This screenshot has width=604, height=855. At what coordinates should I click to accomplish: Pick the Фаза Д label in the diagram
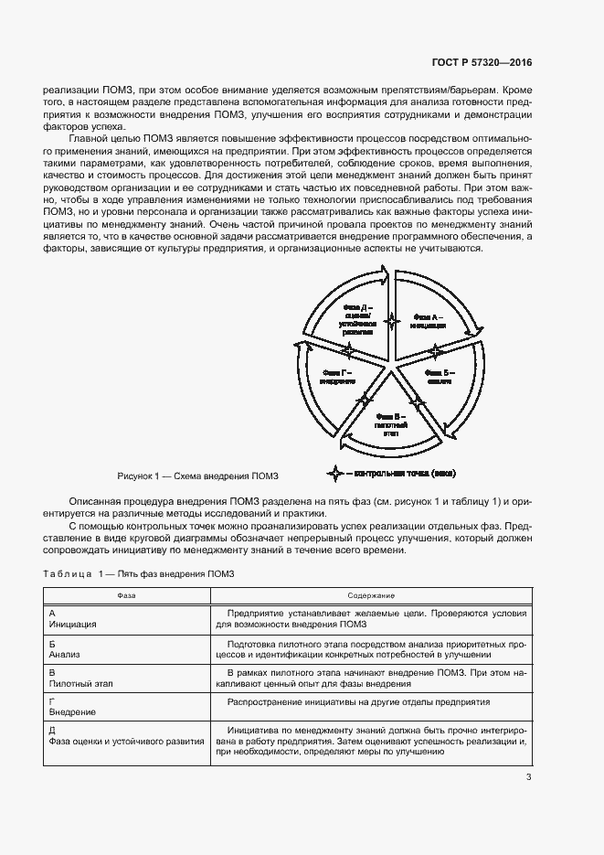tap(359, 321)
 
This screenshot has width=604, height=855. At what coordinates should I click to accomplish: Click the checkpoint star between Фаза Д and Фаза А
tap(393, 320)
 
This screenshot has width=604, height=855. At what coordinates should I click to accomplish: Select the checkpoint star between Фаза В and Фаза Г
tap(365, 399)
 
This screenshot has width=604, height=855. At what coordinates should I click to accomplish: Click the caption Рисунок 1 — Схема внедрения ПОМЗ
tap(196, 476)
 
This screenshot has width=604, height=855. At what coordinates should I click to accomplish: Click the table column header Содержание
tap(370, 594)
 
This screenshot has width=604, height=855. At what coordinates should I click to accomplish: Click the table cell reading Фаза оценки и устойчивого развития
tap(126, 742)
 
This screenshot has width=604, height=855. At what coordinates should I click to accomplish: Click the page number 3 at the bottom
tap(529, 778)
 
